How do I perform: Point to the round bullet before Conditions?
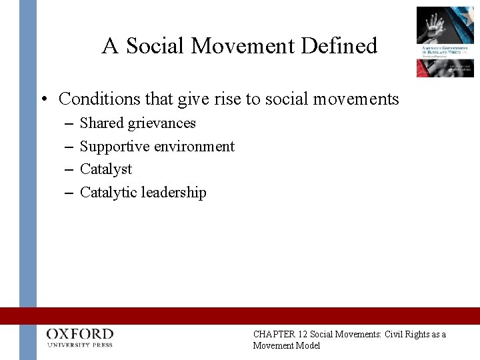43,100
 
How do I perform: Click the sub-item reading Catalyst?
106,169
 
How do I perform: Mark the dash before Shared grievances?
71,124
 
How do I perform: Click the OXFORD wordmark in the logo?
80,334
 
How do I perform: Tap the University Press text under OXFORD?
80,345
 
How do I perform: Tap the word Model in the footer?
307,345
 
